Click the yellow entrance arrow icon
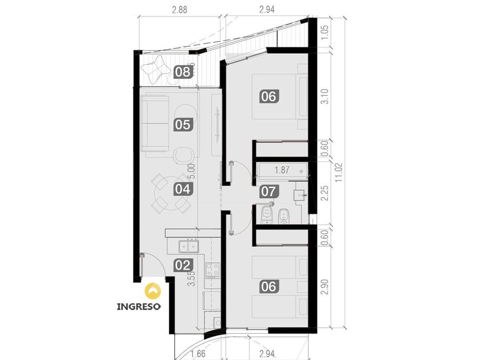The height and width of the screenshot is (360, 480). tap(153, 291)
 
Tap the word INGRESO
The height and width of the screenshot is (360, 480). tap(139, 306)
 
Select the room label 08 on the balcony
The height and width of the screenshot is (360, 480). tap(183, 73)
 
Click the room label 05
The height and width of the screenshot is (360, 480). tap(183, 125)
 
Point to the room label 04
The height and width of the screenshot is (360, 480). tap(183, 189)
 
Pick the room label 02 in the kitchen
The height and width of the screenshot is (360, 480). tap(183, 265)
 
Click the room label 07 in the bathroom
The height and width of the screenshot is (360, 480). tap(269, 191)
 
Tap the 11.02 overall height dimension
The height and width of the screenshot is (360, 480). tap(338, 173)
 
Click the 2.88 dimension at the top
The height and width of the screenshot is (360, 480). tap(179, 10)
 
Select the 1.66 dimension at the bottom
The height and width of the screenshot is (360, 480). tap(198, 354)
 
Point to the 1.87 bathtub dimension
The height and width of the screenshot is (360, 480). tap(282, 170)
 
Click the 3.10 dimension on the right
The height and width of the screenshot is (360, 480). tap(325, 97)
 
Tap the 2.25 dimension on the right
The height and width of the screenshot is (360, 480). tap(325, 193)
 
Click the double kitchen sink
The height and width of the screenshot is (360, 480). tap(189, 246)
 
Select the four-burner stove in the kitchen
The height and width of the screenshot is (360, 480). tap(212, 270)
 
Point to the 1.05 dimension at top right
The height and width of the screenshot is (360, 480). tap(325, 33)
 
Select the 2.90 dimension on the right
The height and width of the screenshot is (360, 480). tap(325, 286)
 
